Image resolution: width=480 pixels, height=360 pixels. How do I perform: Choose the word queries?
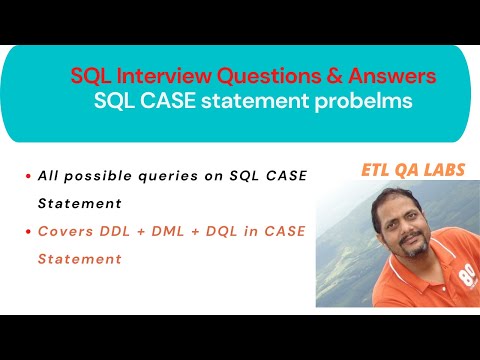pyautogui.click(x=177, y=176)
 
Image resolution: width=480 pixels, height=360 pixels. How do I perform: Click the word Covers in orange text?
pyautogui.click(x=63, y=231)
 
